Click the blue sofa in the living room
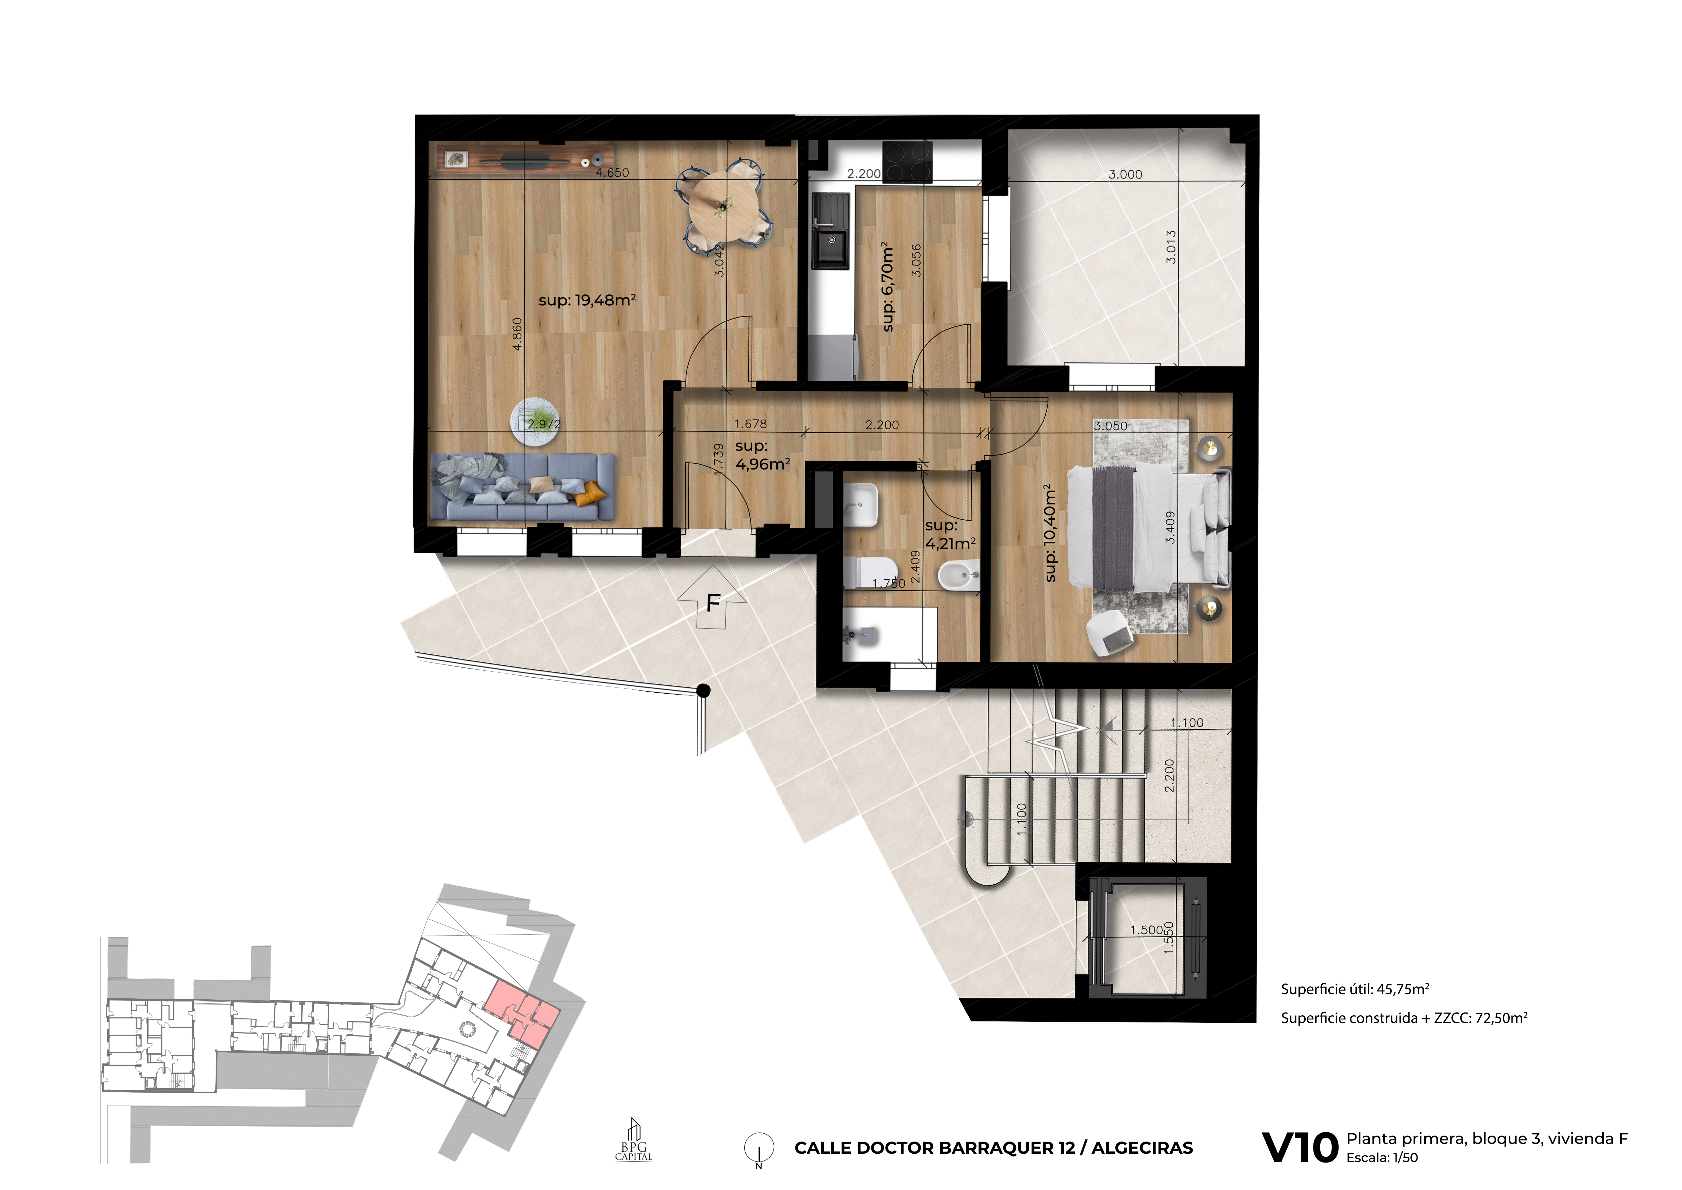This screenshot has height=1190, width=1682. click(523, 486)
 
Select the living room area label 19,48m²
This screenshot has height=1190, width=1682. click(587, 301)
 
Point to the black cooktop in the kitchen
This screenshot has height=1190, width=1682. click(908, 162)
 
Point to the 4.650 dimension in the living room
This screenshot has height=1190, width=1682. click(612, 173)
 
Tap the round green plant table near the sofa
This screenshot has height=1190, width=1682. click(535, 421)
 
